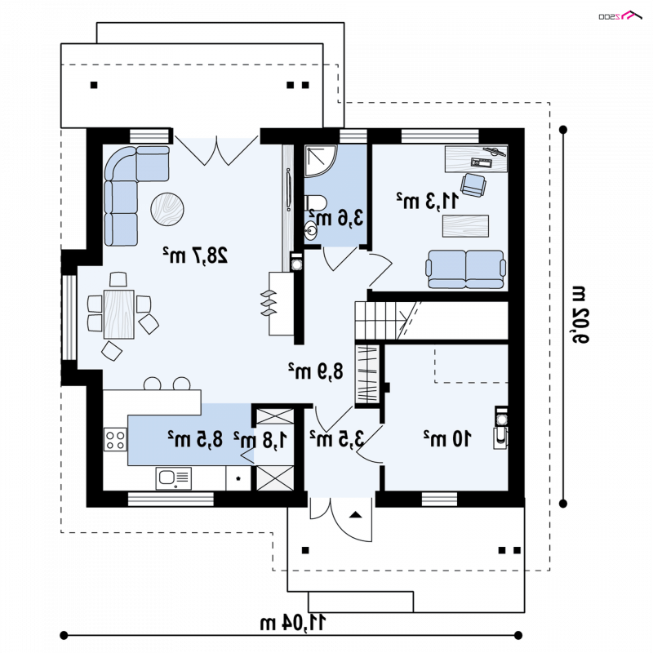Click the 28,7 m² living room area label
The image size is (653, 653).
(x=195, y=255)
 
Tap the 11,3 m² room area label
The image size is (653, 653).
(x=427, y=201)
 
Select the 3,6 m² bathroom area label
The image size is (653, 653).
(x=336, y=217)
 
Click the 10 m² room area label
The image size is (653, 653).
(x=447, y=438)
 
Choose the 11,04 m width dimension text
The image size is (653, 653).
(x=293, y=623)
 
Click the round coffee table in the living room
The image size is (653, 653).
(x=167, y=209)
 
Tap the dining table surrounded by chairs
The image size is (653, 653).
(x=118, y=314)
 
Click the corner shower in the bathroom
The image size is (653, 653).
(x=320, y=161)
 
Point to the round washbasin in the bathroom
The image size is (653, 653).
(x=311, y=231)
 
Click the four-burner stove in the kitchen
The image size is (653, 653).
(x=115, y=440)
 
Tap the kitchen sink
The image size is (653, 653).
(x=173, y=478)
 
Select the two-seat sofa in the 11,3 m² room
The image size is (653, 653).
(x=465, y=269)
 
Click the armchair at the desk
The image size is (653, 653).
(x=473, y=184)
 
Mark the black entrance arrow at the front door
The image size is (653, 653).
(x=355, y=515)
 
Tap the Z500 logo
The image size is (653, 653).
(x=620, y=16)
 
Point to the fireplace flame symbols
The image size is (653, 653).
(x=268, y=303)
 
